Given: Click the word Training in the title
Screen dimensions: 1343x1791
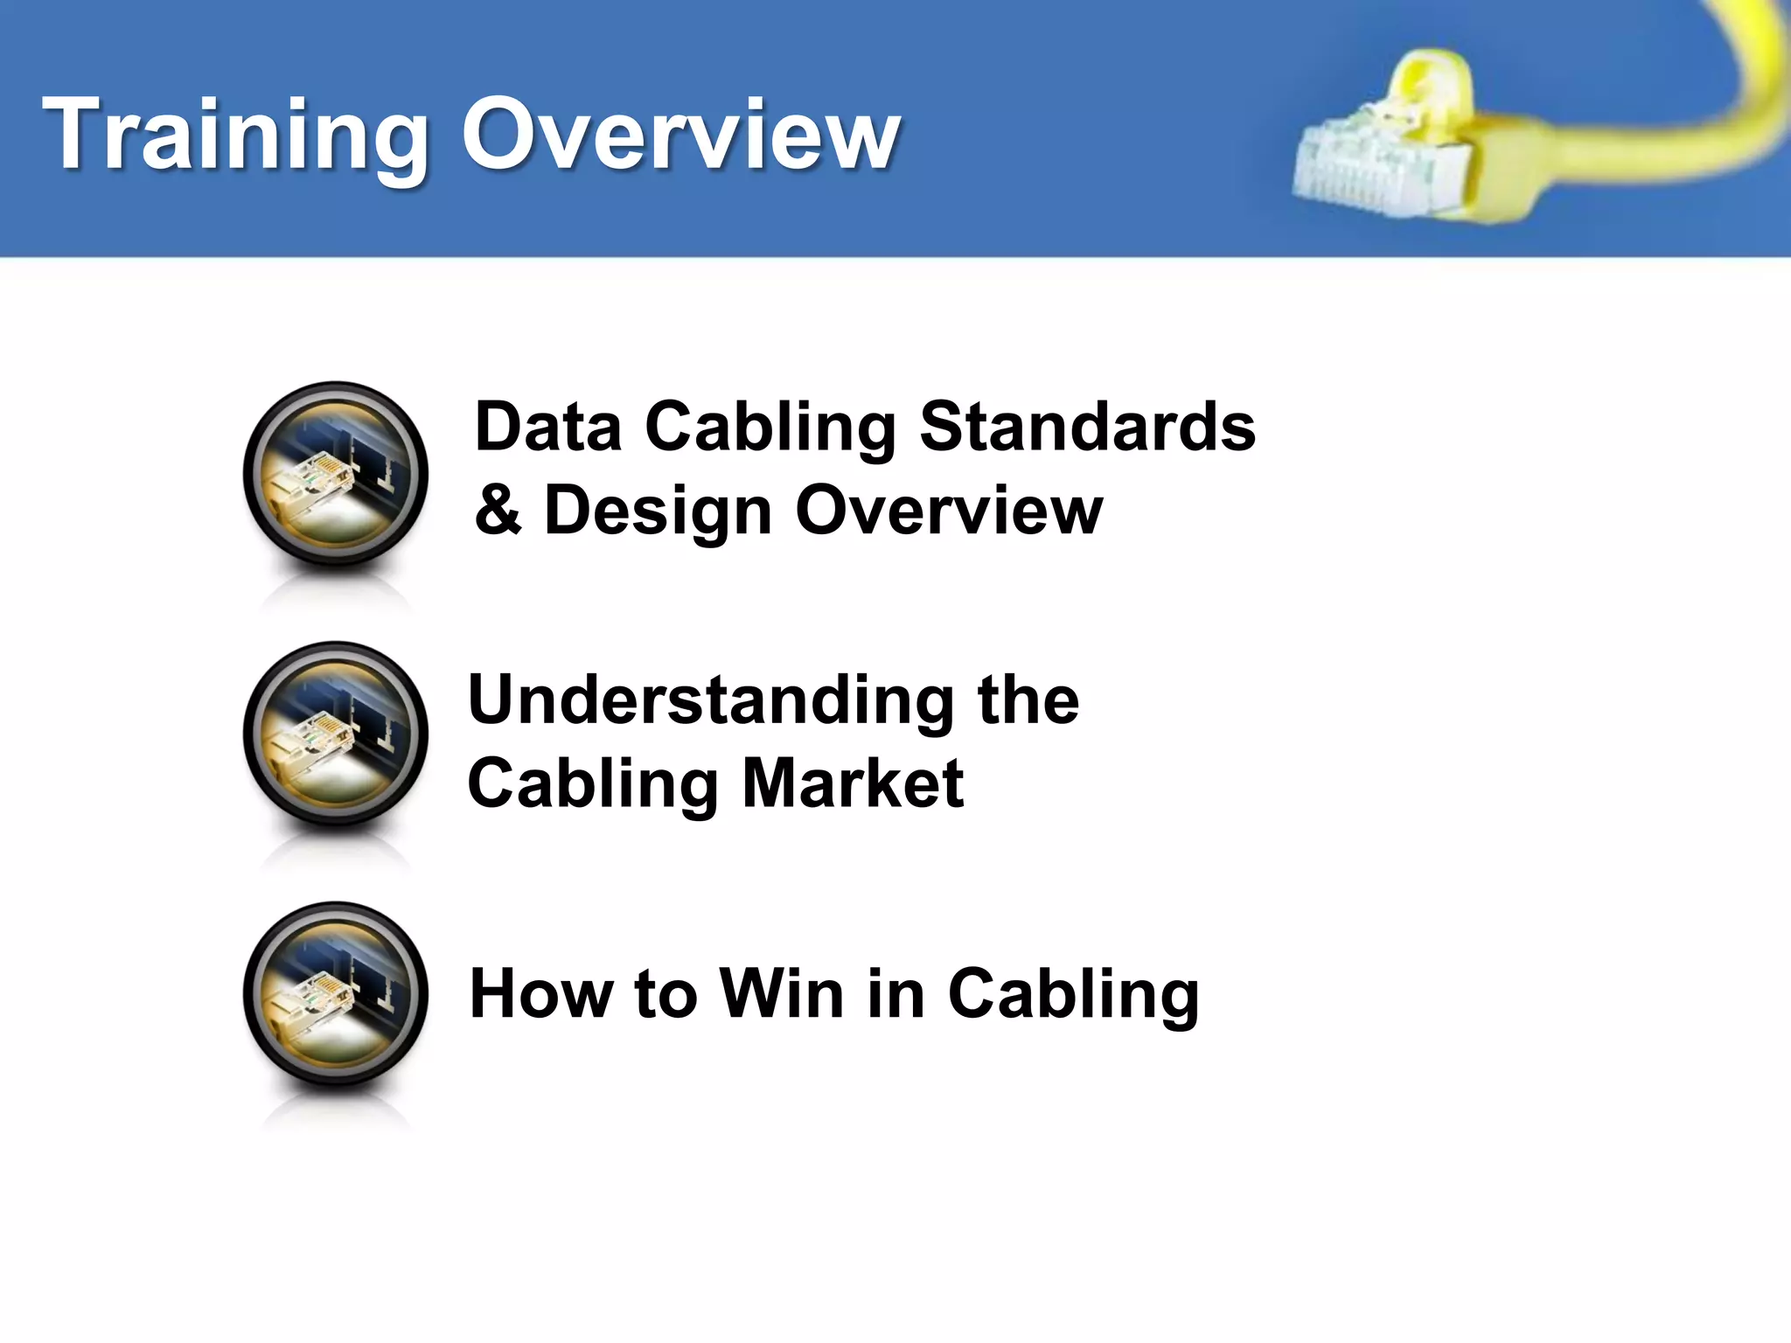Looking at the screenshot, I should (236, 136).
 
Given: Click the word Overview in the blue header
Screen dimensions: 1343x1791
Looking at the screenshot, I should (680, 136).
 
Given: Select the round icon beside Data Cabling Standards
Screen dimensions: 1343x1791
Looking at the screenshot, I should (336, 475).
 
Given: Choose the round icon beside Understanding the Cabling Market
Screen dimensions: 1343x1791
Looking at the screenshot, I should (336, 734).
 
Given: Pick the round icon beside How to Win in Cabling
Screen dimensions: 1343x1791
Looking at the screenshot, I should (336, 994).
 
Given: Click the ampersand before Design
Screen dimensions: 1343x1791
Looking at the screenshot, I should (498, 510).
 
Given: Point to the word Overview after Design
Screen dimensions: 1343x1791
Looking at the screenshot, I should (949, 510).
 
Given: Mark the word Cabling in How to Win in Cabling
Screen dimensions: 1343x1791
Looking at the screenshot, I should (1073, 995).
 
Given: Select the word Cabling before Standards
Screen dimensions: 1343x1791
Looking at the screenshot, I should (770, 428).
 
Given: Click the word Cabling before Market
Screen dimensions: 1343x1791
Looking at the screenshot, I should (593, 784).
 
